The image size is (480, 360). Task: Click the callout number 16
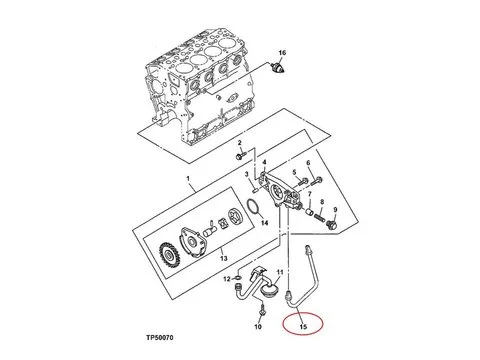click(x=282, y=53)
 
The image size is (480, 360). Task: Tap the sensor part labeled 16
click(x=278, y=68)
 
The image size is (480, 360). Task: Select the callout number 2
click(x=239, y=143)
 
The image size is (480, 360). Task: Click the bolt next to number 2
click(x=240, y=156)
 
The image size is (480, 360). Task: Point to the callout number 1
click(x=188, y=179)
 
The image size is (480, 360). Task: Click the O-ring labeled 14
click(x=253, y=208)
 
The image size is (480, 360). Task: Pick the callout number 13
click(x=224, y=258)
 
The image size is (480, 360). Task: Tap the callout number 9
click(x=335, y=209)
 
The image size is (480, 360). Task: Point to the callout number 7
click(x=310, y=194)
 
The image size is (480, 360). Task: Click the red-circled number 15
click(x=303, y=327)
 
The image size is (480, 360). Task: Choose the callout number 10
click(x=258, y=327)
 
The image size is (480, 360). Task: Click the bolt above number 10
click(x=262, y=310)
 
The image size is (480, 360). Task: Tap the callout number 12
click(x=227, y=279)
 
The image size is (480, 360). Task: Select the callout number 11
click(x=280, y=272)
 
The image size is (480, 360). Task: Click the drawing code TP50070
click(x=160, y=338)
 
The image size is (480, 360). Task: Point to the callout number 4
click(x=264, y=162)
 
